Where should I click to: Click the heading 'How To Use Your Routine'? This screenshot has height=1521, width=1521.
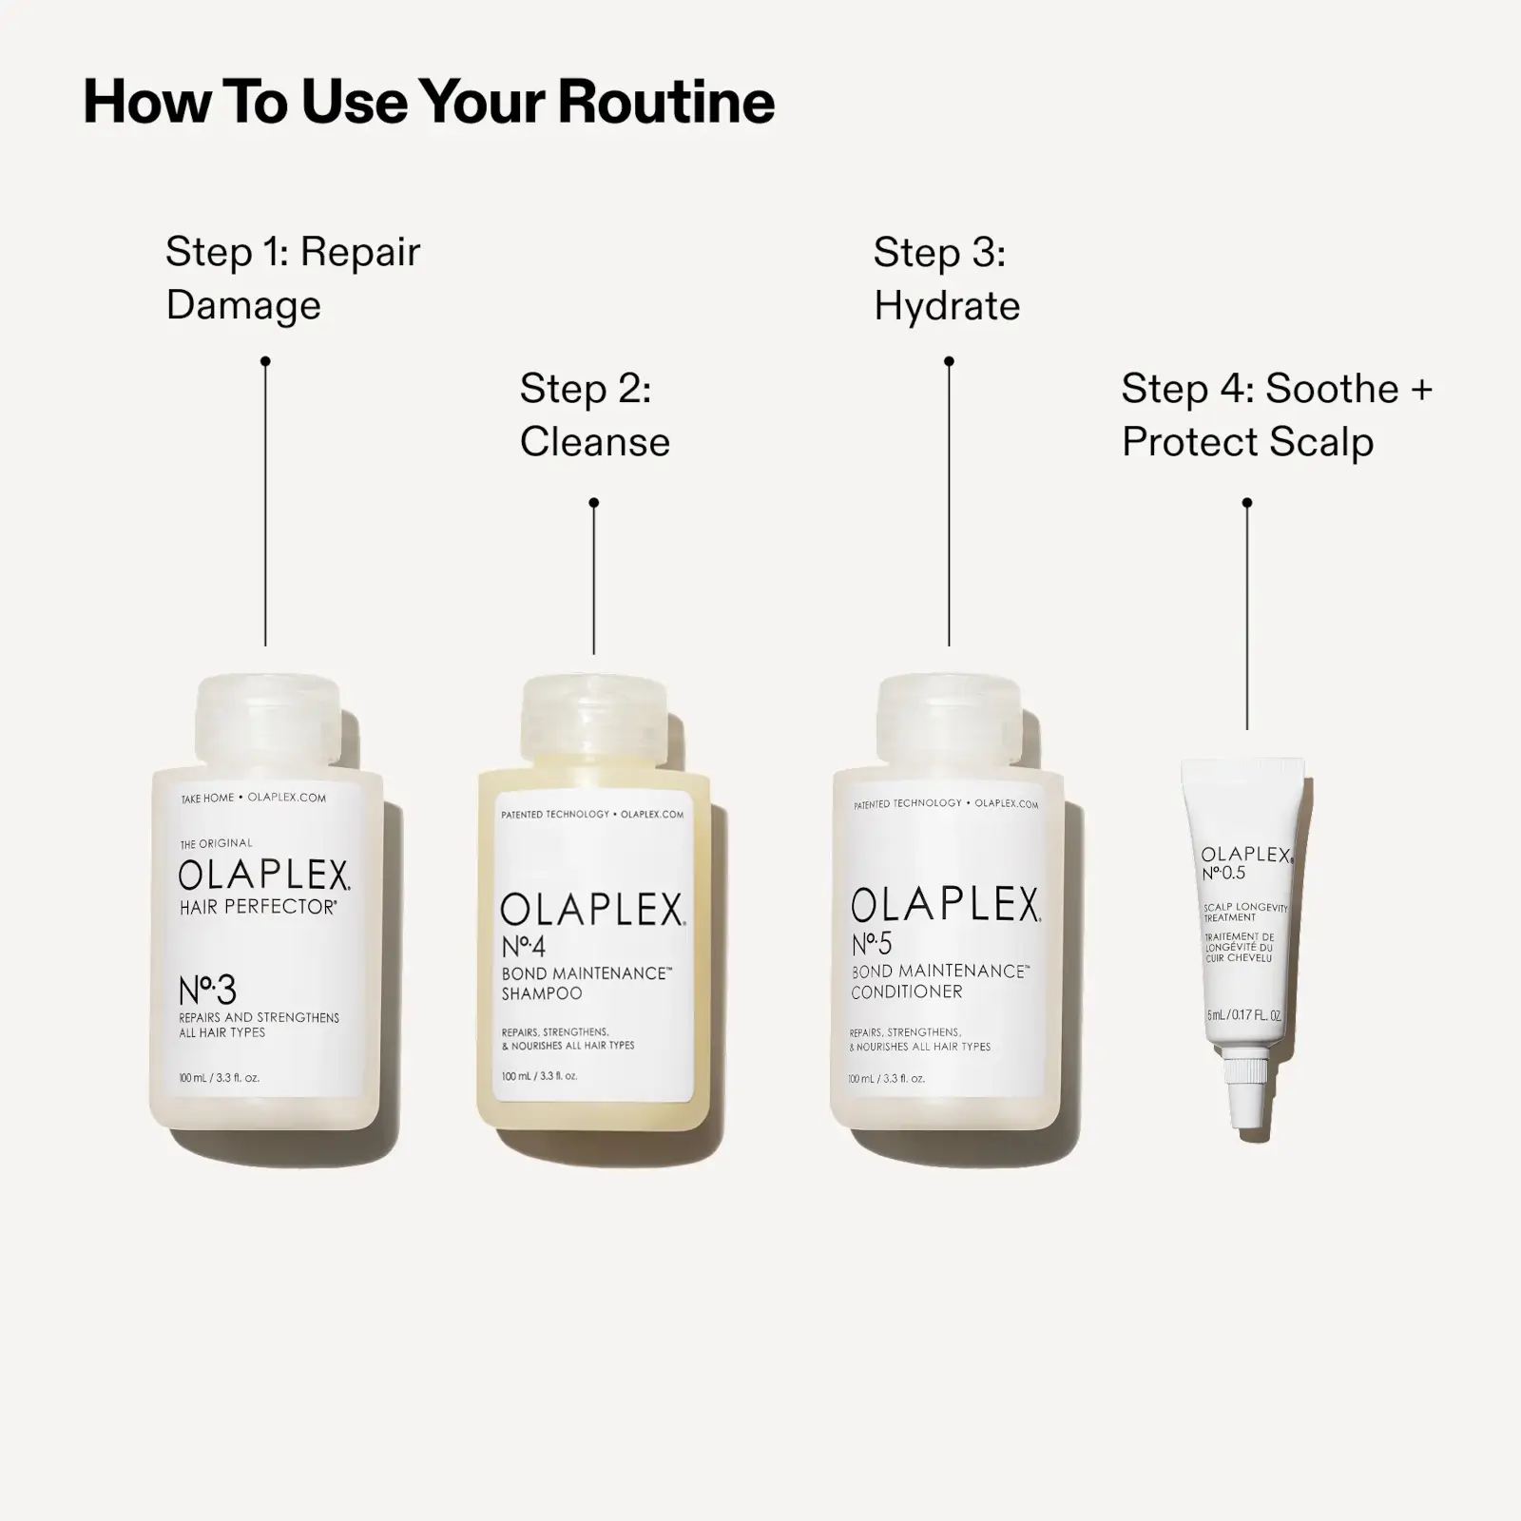429,102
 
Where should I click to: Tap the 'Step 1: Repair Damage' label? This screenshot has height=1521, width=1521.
292,278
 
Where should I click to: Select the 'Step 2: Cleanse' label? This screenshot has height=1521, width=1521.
594,415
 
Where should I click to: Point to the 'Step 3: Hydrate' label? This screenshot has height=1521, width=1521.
946,279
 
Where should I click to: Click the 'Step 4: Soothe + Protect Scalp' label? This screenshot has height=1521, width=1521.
1276,415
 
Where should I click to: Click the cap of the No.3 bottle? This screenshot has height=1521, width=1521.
267,722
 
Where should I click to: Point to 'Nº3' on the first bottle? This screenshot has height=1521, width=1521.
207,991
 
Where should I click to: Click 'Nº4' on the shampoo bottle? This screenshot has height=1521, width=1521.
524,946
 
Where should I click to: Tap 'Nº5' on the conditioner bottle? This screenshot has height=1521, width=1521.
873,944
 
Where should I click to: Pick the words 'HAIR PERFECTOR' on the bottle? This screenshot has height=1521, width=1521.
258,907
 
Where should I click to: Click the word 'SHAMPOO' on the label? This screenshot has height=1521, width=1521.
542,993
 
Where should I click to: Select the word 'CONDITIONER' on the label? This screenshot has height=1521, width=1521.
907,992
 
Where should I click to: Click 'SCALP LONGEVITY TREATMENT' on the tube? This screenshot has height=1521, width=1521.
1243,913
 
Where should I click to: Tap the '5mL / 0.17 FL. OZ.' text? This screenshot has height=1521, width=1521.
1243,1015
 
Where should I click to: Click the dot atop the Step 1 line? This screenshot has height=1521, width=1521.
265,361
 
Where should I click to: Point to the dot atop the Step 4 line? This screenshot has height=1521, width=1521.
1247,502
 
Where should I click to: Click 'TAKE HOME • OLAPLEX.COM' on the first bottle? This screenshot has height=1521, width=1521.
253,798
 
